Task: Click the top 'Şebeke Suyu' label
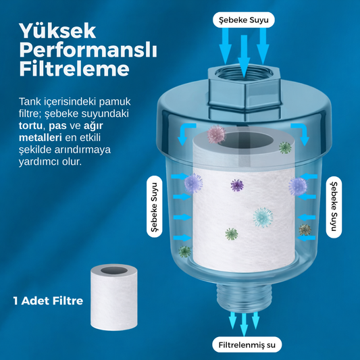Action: point(244,20)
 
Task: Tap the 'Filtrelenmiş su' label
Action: point(247,345)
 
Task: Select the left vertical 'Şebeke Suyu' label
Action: point(155,207)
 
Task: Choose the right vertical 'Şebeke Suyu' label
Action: point(334,207)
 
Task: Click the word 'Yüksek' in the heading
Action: point(57,31)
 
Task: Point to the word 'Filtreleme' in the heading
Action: point(74,69)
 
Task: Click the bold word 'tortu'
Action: point(30,126)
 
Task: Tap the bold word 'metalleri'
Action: point(40,138)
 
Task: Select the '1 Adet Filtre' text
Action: point(48,301)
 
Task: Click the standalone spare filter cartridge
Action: point(114,297)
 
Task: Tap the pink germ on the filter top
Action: point(216,134)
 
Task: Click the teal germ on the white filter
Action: point(263,217)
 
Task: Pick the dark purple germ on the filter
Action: point(237,185)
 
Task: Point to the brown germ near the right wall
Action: point(305,230)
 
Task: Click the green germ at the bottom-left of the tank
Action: point(184,252)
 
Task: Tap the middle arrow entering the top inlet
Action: point(244,56)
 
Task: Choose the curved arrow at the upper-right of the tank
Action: point(301,134)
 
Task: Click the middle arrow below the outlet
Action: point(244,324)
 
